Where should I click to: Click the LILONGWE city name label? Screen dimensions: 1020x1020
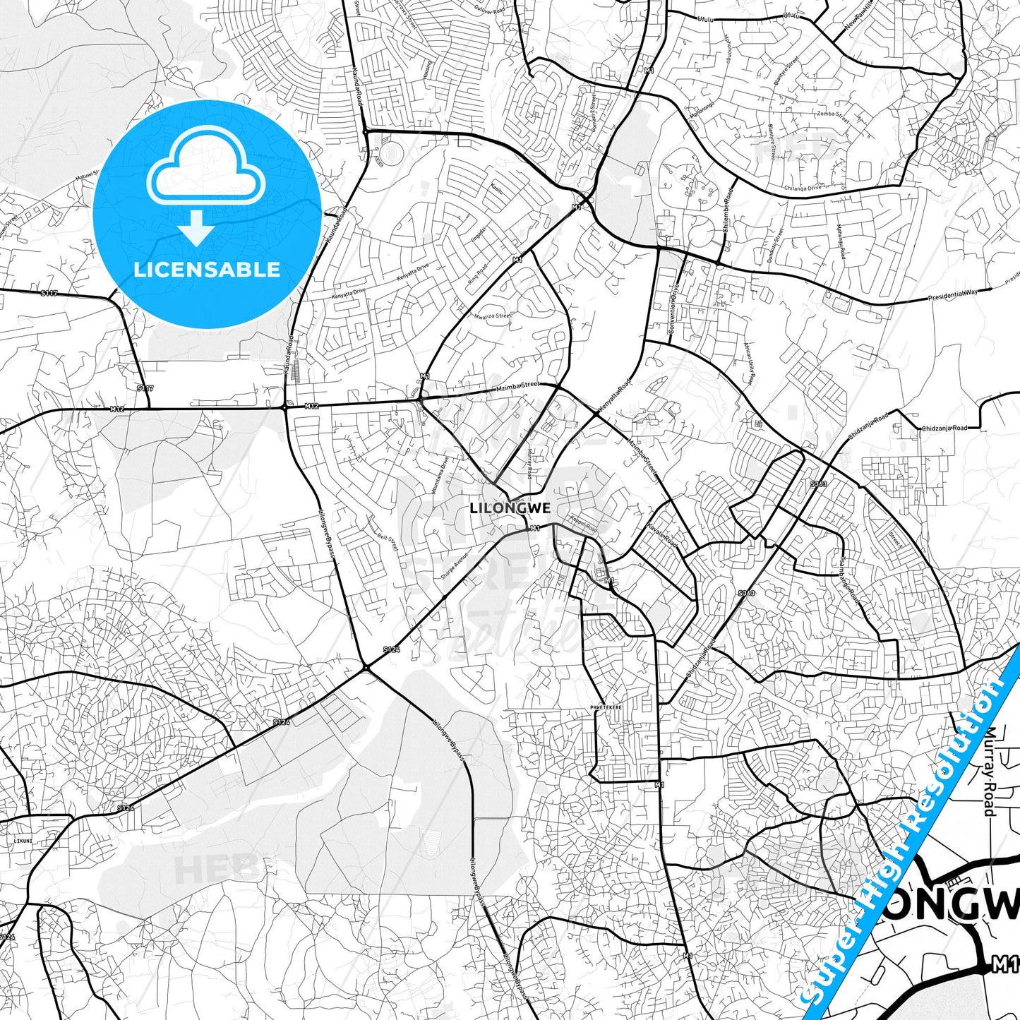(510, 508)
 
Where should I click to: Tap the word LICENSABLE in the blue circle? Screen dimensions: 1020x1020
(207, 269)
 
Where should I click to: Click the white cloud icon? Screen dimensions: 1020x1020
(205, 167)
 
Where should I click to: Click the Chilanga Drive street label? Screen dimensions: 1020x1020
(804, 188)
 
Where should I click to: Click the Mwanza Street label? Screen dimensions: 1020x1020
(492, 316)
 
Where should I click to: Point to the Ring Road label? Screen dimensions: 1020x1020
(477, 273)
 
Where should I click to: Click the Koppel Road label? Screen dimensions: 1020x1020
(583, 526)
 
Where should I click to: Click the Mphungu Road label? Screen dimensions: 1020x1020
(841, 241)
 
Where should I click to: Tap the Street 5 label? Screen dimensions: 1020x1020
(895, 540)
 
